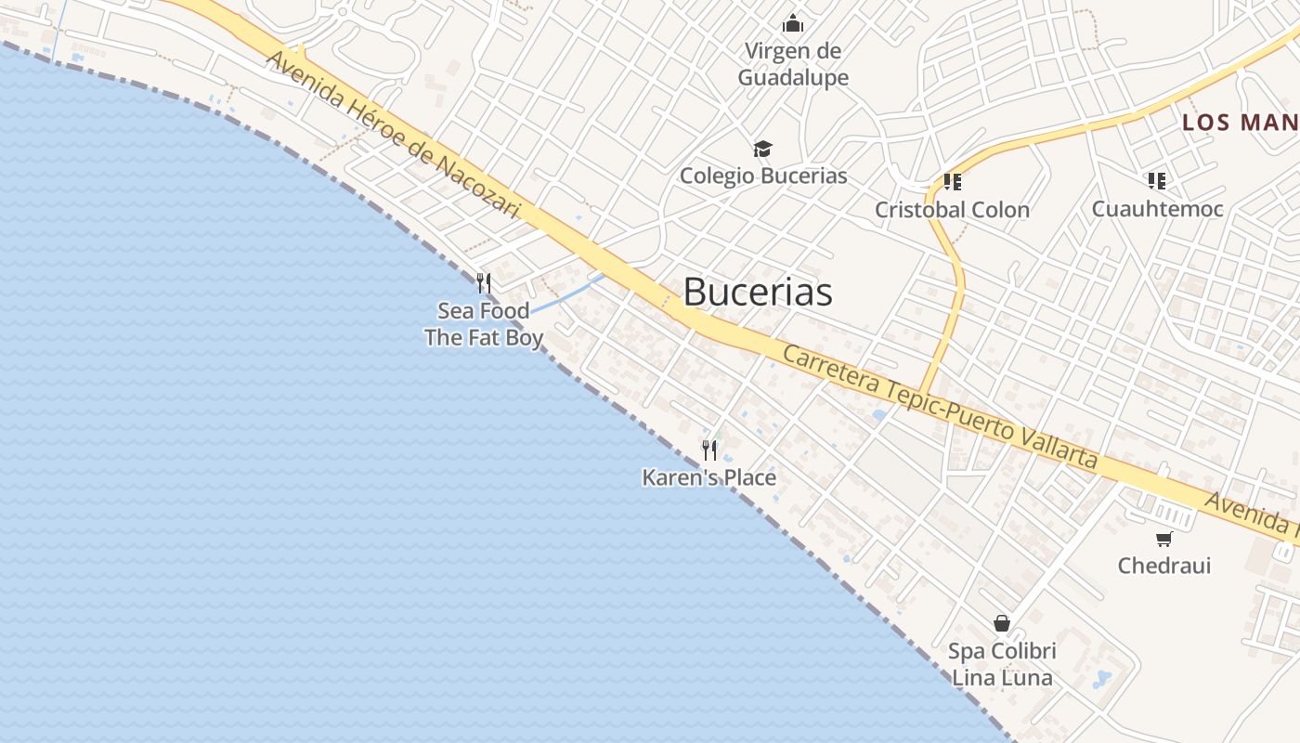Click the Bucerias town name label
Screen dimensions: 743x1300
coord(758,292)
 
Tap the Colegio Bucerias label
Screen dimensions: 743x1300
coord(763,176)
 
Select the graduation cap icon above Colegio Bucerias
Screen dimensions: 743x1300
coord(762,149)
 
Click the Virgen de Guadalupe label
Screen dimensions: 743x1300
coord(793,63)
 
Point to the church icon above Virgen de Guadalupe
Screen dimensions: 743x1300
coord(793,22)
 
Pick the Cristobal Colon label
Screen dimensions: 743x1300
coord(952,210)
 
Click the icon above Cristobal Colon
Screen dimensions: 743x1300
coord(952,181)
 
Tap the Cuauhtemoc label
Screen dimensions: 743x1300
coord(1157,209)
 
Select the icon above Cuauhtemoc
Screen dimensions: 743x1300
coord(1156,180)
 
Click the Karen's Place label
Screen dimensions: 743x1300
coord(709,478)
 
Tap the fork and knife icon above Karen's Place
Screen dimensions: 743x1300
coord(709,450)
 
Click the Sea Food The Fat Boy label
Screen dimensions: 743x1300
coord(484,324)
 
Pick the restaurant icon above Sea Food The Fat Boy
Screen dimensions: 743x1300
coord(484,282)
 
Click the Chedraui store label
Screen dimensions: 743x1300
coord(1164,566)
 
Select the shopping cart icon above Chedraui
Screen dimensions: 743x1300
coord(1164,539)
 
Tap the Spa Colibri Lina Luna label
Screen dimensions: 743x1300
coord(1002,664)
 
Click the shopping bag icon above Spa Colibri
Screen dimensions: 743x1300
coord(1002,623)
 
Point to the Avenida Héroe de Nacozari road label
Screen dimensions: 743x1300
coord(393,136)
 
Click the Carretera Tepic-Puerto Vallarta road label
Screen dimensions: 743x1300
coord(940,407)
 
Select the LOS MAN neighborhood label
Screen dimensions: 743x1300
coord(1240,123)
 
